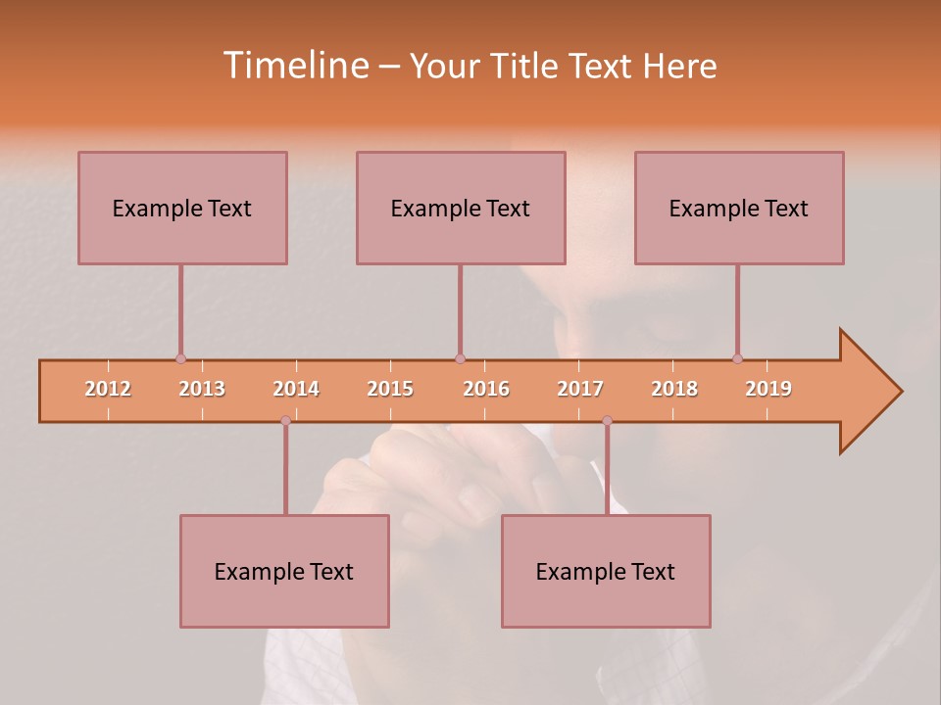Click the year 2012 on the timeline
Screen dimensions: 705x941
click(x=108, y=389)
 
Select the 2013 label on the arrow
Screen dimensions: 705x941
click(x=202, y=389)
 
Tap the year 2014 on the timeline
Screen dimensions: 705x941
click(x=296, y=389)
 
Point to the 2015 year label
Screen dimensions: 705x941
click(x=390, y=389)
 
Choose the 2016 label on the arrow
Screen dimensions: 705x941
click(x=486, y=389)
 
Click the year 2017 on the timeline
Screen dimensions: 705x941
click(x=580, y=389)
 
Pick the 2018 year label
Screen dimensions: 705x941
click(x=674, y=389)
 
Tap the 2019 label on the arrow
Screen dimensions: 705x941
click(x=768, y=389)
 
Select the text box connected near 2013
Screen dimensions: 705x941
click(x=182, y=208)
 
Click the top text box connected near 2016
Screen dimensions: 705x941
click(x=461, y=208)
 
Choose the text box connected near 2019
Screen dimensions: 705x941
click(x=739, y=208)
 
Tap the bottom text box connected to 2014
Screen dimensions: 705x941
click(x=284, y=571)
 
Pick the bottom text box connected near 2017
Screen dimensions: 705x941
click(x=606, y=571)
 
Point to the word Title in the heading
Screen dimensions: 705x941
click(x=526, y=66)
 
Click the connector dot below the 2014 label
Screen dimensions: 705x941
click(x=285, y=421)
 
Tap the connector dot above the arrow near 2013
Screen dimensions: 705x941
click(x=180, y=358)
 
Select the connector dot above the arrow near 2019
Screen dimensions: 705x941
click(x=737, y=358)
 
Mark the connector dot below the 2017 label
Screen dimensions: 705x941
click(x=607, y=421)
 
